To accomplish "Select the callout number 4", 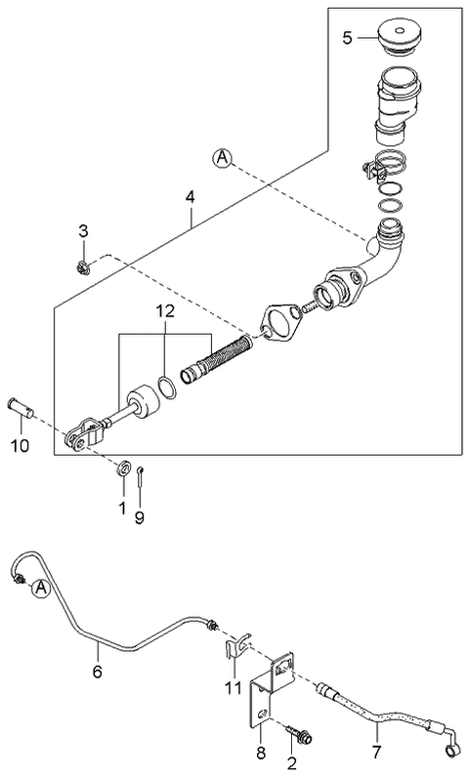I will click(192, 197).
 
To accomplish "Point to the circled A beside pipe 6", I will click(40, 588).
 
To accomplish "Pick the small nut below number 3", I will click(84, 264).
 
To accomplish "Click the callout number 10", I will click(21, 447).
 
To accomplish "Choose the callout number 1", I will click(122, 509).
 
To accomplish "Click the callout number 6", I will click(97, 672).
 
